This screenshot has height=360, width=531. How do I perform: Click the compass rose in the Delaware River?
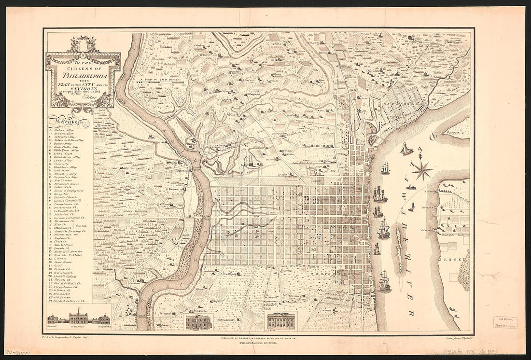click(x=422, y=170)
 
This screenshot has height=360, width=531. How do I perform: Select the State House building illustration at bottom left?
click(x=78, y=318)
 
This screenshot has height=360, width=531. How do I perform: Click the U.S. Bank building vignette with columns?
click(x=282, y=320)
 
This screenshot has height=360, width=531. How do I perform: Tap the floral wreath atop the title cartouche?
click(x=82, y=46)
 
